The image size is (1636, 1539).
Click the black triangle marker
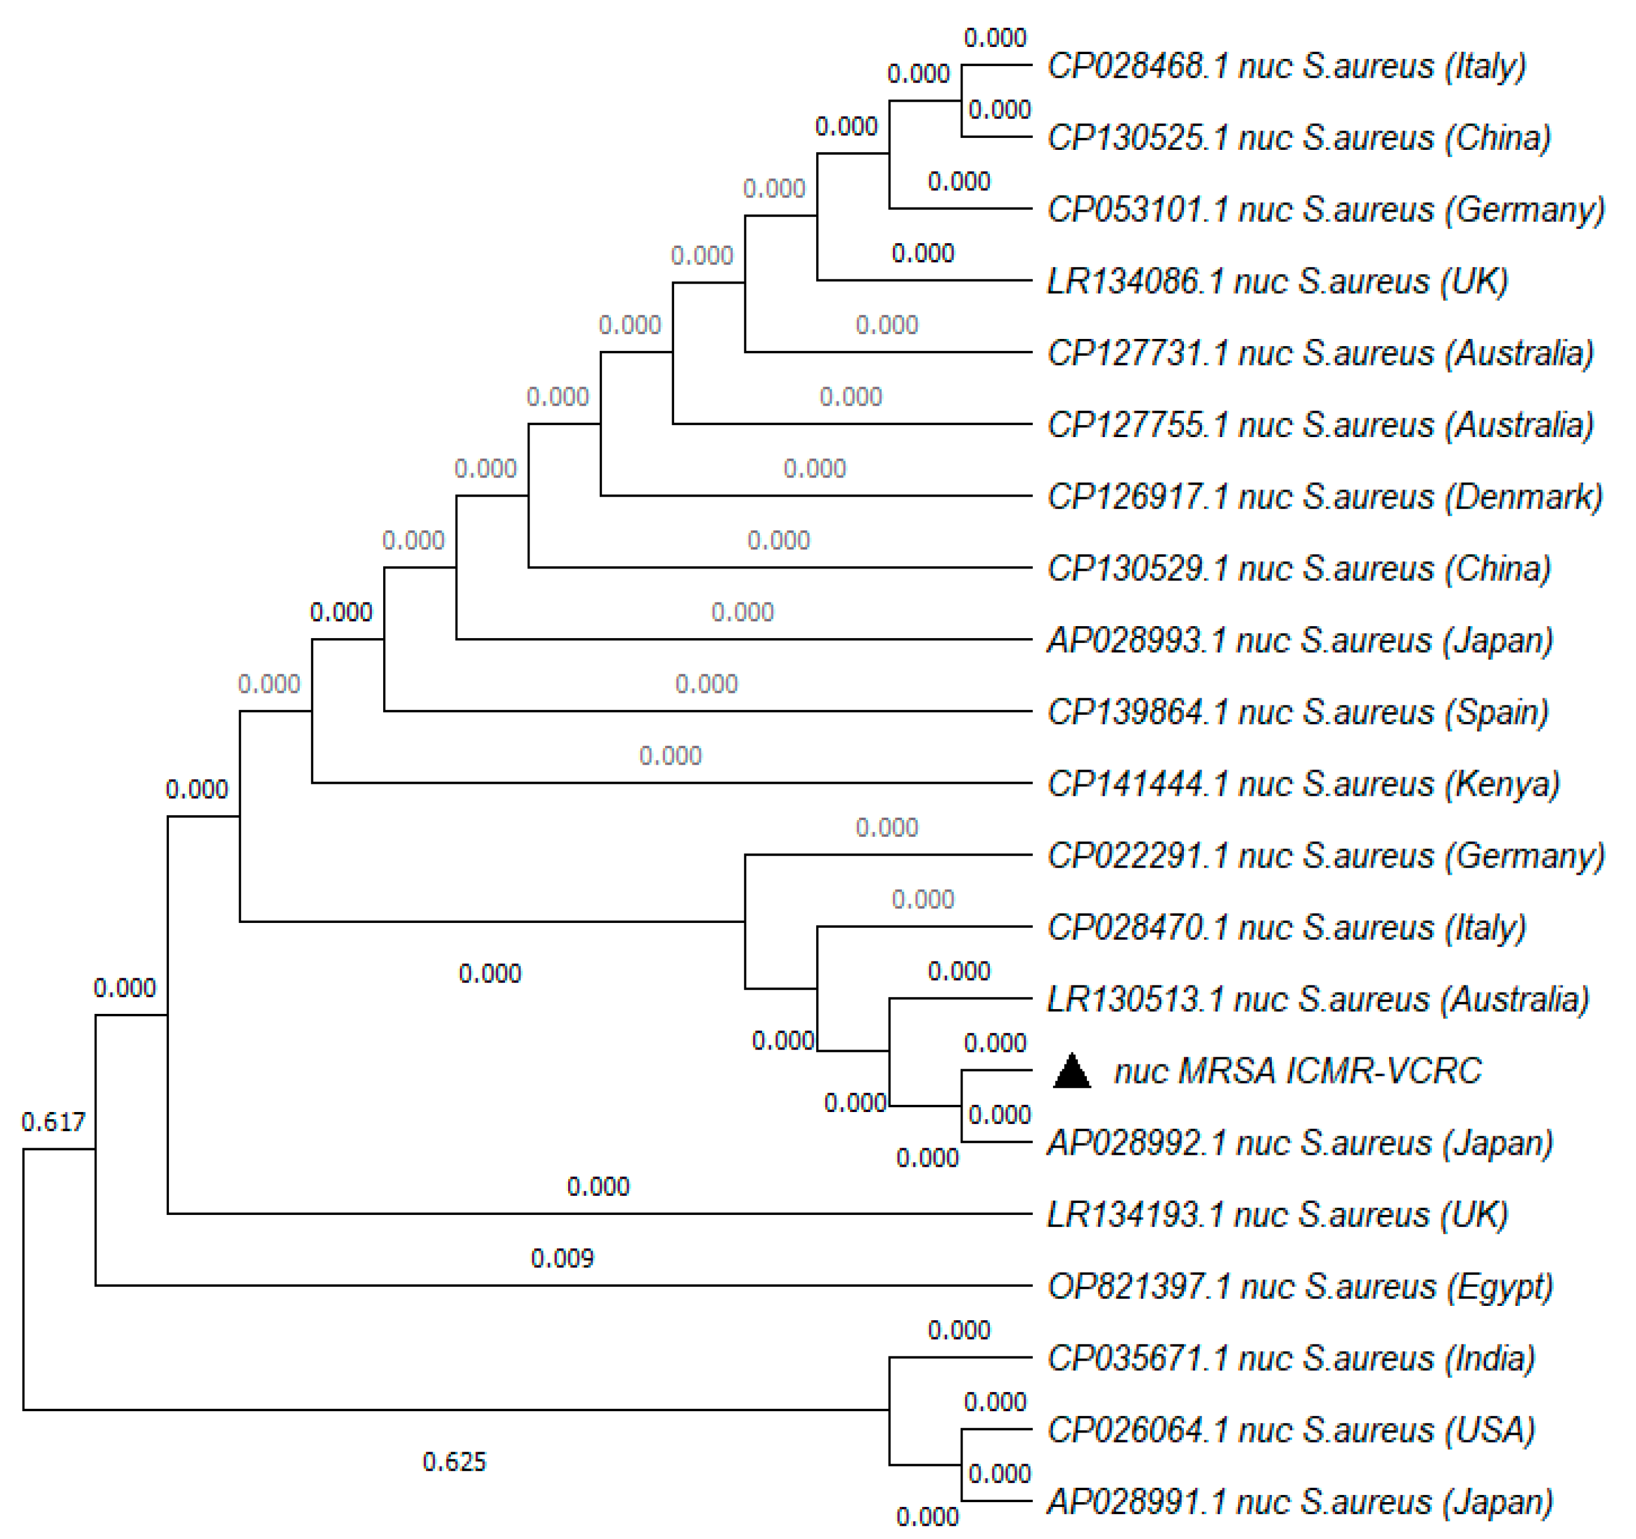1071,1071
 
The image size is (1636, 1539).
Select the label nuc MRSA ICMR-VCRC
1297,1071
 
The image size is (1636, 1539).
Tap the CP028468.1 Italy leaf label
1286,66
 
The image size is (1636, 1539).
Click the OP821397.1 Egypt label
1299,1286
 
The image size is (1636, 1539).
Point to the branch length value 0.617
54,1122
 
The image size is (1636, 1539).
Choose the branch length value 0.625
455,1462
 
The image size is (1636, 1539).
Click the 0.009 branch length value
562,1258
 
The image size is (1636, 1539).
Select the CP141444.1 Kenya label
1303,784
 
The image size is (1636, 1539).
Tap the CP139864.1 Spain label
1297,712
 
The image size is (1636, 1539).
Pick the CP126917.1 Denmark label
1324,497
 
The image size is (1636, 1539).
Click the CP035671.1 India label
1290,1358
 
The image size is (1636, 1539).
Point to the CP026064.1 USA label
1290,1430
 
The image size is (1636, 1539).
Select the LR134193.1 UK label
1276,1215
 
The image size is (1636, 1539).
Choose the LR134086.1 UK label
1276,281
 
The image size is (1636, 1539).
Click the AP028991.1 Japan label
1299,1502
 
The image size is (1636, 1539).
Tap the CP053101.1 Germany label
1325,210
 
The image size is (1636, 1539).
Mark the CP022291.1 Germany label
1325,856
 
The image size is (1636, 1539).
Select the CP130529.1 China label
1299,569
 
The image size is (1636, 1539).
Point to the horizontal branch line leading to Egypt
560,1285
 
